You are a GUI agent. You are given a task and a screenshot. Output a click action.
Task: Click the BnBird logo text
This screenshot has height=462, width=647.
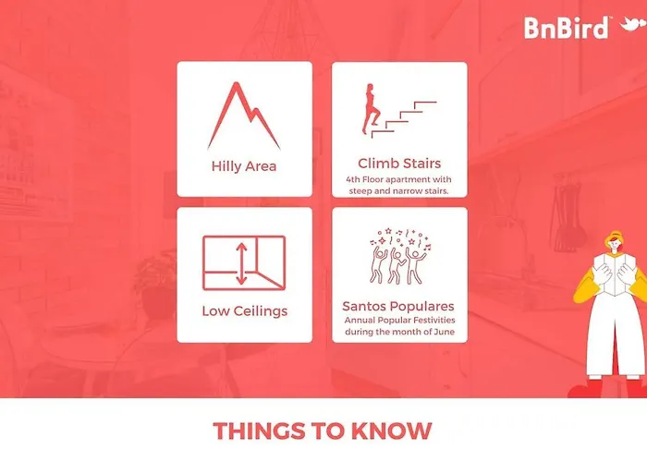(566, 28)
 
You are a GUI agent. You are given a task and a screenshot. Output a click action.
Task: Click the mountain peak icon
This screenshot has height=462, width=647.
(244, 115)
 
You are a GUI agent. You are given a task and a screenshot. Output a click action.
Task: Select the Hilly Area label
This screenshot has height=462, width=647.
(244, 166)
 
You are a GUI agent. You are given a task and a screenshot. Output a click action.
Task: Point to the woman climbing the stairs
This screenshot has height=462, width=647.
(371, 108)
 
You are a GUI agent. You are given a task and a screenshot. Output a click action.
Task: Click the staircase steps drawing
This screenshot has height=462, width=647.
(404, 119)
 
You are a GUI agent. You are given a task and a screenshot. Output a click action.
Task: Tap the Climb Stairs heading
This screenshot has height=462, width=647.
(399, 164)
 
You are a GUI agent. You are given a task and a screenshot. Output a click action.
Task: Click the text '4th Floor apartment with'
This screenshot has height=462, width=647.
(398, 179)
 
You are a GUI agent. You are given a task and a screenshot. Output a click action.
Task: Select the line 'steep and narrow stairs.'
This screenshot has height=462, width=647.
(398, 191)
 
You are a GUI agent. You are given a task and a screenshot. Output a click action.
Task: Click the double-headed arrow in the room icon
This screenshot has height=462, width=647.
(241, 264)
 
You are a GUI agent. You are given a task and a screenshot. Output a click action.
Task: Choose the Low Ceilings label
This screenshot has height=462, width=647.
(245, 310)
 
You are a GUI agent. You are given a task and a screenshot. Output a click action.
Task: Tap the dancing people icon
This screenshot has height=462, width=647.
(399, 256)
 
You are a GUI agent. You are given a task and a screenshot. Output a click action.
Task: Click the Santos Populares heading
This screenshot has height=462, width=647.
(398, 306)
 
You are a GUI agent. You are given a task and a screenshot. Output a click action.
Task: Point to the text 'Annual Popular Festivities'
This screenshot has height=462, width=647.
(400, 320)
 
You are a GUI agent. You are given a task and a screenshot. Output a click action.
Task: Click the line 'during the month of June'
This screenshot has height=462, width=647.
(400, 332)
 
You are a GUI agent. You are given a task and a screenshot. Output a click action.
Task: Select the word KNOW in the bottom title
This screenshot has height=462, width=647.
(391, 432)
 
